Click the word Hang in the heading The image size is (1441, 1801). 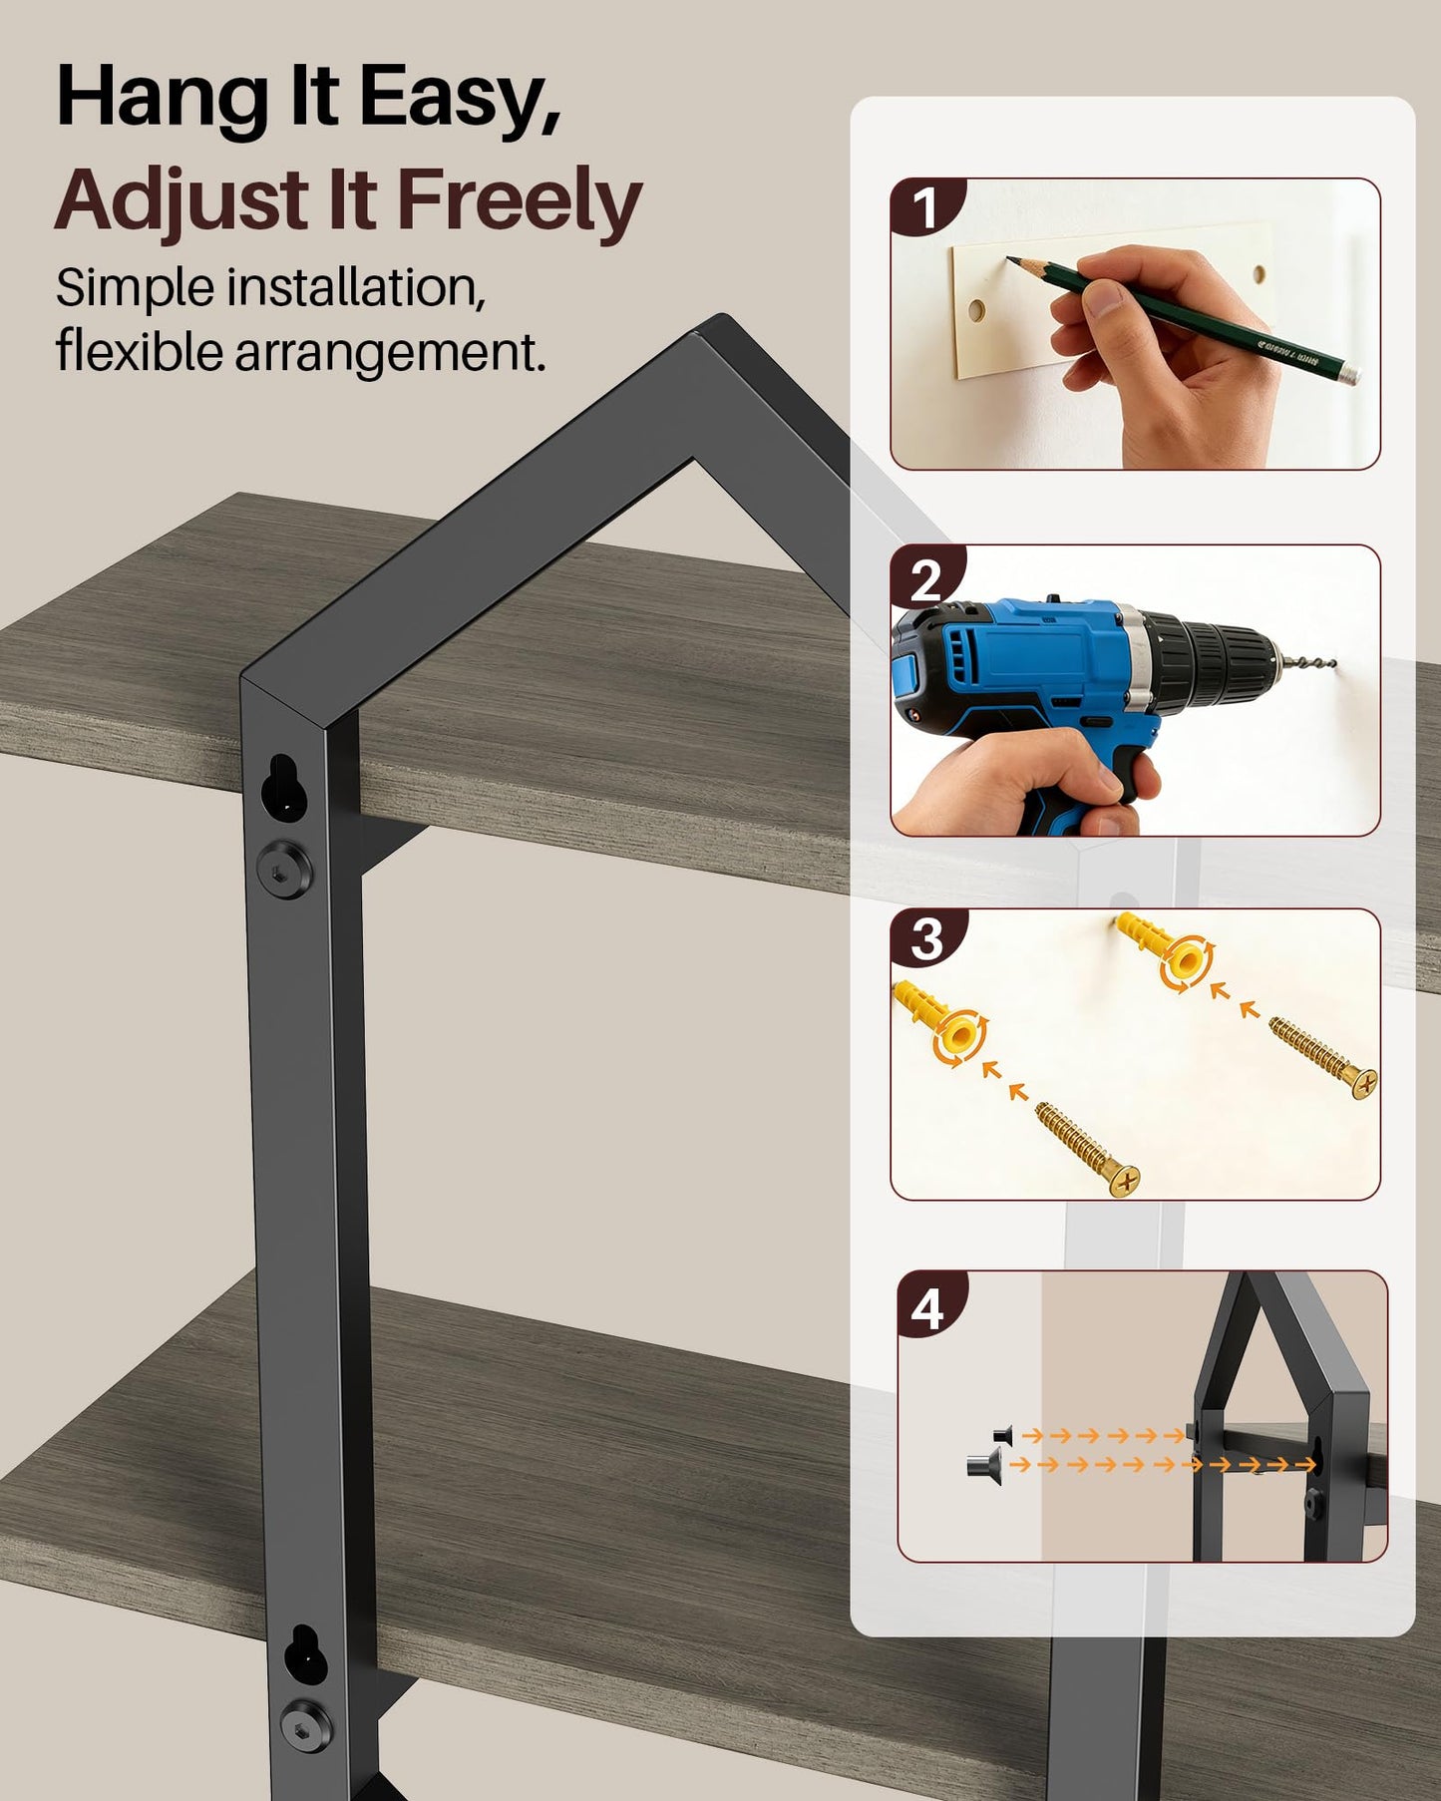coord(163,98)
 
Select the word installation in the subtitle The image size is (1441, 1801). coord(356,288)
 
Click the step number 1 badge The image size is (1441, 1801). coord(926,208)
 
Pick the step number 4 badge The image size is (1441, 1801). coord(928,1307)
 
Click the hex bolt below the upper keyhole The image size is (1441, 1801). coord(285,869)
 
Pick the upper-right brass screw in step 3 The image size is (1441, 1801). coord(1323,1057)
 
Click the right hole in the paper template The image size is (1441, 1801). coord(1260,274)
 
